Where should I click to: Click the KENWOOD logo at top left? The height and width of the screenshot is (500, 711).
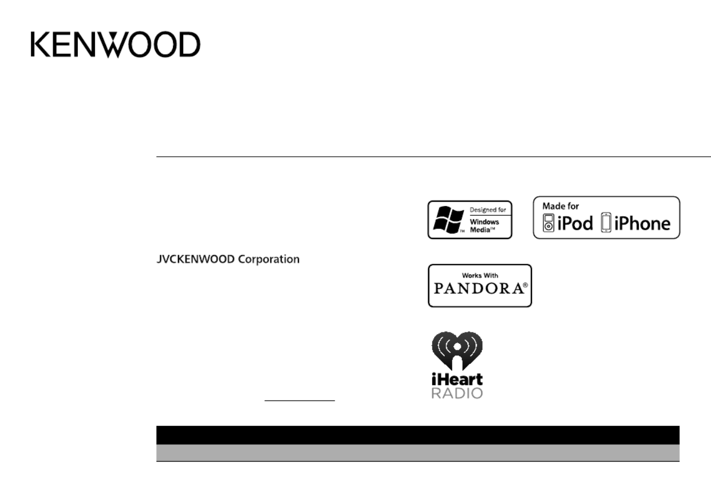116,44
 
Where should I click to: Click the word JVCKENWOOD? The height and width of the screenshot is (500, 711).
196,259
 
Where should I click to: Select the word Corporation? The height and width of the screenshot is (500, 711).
269,259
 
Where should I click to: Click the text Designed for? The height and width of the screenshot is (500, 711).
488,210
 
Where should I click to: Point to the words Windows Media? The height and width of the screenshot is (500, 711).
484,226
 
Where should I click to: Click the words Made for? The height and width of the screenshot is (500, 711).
561,206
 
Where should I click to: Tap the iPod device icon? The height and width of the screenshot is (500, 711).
548,223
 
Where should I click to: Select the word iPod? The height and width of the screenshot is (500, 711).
575,223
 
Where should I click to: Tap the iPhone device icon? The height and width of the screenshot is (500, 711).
606,222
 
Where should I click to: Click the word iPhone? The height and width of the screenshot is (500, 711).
642,223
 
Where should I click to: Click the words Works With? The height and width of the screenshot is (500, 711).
480,275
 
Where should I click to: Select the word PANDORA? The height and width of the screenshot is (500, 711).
479,289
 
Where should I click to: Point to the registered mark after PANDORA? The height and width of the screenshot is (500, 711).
526,285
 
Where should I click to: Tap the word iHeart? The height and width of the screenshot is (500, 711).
457,379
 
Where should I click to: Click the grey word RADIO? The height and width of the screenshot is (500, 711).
457,394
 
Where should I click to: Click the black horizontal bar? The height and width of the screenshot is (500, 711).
418,435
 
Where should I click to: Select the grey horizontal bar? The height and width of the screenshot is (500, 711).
418,452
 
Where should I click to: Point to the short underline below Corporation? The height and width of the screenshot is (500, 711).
300,401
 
